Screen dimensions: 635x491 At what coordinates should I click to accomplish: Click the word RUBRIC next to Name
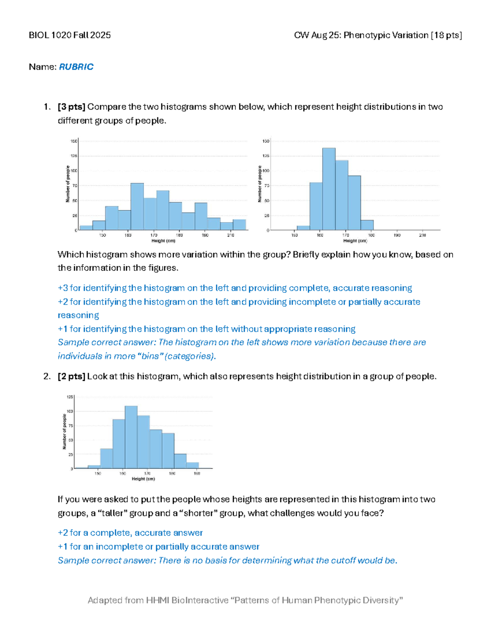76,67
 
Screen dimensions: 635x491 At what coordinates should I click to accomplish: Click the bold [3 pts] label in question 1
71,107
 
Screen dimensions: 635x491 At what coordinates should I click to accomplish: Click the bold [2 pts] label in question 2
71,376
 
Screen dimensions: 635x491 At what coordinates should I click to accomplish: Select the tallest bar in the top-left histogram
137,206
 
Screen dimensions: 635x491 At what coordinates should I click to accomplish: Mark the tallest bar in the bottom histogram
131,437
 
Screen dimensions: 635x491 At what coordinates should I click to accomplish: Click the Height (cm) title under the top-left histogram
163,241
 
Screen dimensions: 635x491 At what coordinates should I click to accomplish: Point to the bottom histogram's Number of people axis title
64,432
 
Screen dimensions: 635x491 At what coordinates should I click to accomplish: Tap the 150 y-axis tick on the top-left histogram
74,141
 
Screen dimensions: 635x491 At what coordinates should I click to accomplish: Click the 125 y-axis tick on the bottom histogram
70,397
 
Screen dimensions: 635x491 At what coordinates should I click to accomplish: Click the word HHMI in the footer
158,600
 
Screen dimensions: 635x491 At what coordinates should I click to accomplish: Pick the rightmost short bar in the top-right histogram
367,225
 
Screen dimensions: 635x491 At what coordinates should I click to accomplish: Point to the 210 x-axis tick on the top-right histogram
422,235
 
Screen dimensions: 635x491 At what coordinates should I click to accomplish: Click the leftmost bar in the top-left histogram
86,228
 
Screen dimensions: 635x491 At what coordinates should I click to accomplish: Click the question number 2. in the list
47,376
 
